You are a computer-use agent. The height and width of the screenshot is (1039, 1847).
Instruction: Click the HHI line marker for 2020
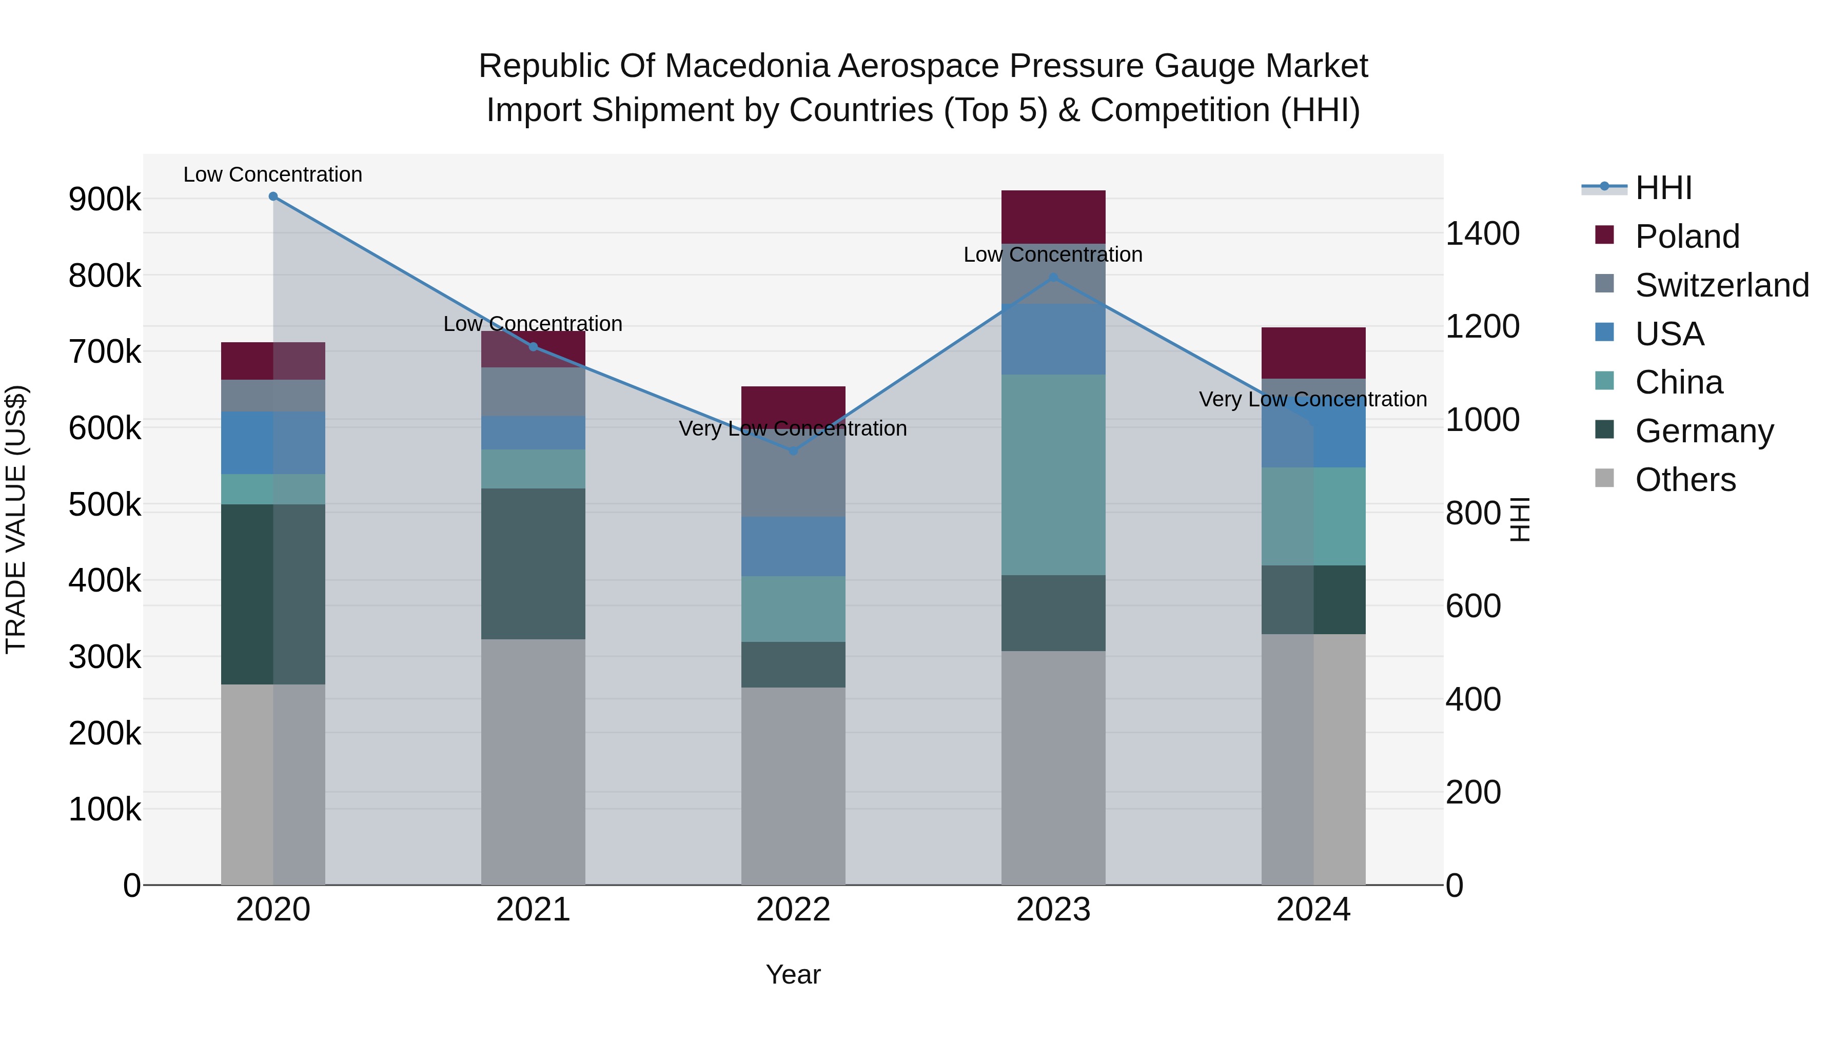point(273,197)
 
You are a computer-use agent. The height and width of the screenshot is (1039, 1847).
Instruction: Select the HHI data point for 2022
point(793,450)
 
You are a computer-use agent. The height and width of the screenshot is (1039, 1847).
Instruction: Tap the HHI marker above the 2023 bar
point(1053,278)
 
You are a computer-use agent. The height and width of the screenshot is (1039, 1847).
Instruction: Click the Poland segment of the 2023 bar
point(1053,217)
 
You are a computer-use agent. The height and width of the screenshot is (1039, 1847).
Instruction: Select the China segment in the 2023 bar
point(1053,475)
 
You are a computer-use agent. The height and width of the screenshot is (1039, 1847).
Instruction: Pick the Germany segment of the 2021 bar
point(533,563)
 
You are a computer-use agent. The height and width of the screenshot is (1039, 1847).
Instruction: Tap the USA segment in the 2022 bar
point(793,546)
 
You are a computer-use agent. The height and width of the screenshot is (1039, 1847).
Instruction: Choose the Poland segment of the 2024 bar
point(1313,353)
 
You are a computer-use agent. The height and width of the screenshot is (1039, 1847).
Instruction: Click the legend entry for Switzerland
point(1721,285)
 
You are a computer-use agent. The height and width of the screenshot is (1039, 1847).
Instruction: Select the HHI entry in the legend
point(1663,188)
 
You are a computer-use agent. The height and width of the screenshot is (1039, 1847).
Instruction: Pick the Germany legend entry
point(1703,431)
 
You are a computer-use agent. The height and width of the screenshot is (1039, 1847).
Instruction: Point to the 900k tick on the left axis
point(105,200)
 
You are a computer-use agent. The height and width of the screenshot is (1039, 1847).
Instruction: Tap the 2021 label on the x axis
point(533,910)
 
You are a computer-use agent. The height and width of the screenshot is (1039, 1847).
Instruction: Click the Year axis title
point(793,974)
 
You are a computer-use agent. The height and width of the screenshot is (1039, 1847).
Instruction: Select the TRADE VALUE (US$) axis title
point(16,519)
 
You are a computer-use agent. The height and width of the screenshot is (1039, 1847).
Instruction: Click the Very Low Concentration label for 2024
point(1313,399)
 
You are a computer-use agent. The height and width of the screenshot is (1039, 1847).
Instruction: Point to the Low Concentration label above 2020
point(272,174)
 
